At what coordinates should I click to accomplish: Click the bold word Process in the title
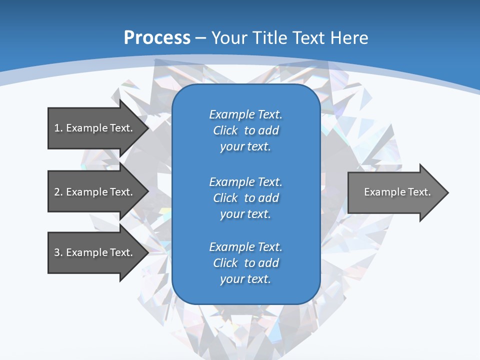tap(157, 38)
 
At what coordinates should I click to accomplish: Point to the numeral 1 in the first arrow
tap(57, 128)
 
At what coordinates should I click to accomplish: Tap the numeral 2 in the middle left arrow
tap(57, 192)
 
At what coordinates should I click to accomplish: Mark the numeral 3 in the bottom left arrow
tap(57, 252)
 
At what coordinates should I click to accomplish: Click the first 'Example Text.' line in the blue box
tap(245, 114)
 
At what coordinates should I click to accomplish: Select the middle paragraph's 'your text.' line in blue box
tap(245, 214)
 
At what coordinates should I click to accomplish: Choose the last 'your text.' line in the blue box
tap(245, 279)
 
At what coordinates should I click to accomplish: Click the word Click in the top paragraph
tap(225, 130)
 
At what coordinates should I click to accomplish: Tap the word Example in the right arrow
tap(382, 192)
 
